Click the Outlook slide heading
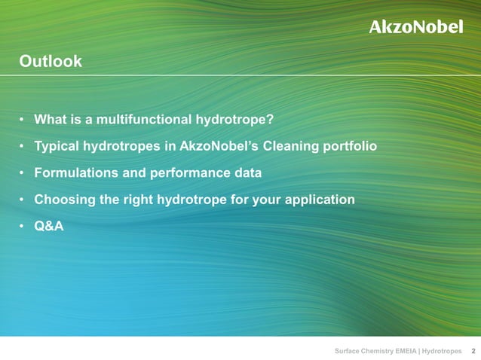tap(51, 62)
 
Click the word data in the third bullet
tap(248, 172)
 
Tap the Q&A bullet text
tap(49, 225)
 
